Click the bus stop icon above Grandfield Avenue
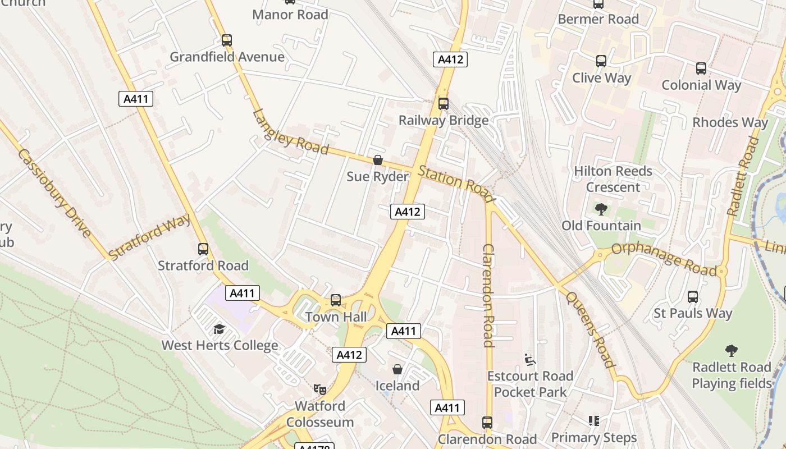tap(226, 40)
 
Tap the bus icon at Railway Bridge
tap(444, 103)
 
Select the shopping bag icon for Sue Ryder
tap(378, 160)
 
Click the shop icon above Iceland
tap(397, 369)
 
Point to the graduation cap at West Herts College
tap(219, 329)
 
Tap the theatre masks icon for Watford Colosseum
tap(320, 389)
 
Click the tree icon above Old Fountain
tap(601, 209)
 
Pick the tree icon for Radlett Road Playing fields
tap(731, 351)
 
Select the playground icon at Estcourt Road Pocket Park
tap(528, 359)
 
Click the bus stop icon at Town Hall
tap(336, 300)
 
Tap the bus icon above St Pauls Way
tap(693, 297)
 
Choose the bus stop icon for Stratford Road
tap(203, 249)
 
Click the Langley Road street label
tap(290, 132)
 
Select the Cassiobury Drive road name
tap(54, 193)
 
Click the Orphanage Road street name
tap(664, 259)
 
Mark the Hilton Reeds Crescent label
tap(613, 178)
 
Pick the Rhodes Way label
tap(730, 122)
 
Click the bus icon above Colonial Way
tap(701, 68)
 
